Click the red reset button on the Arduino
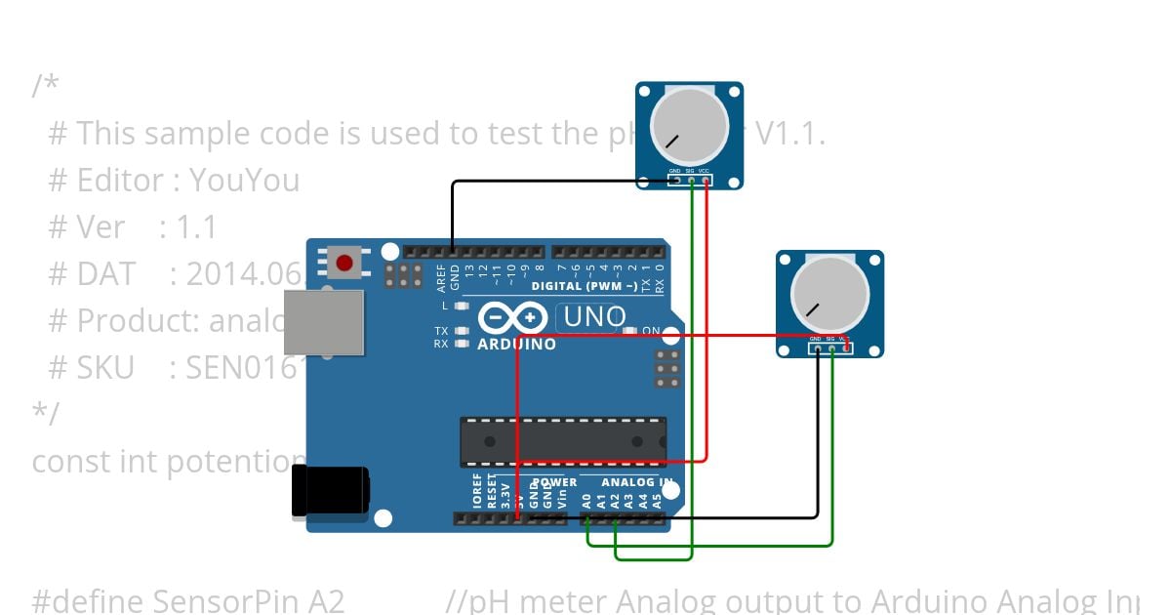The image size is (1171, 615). tap(343, 262)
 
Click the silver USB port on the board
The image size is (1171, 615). tap(324, 322)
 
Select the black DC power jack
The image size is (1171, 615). tap(330, 490)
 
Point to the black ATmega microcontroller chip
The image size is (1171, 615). tap(563, 441)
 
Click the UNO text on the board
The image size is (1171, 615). tap(592, 317)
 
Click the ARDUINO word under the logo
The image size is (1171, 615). tap(516, 344)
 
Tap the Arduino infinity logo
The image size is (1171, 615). tap(512, 318)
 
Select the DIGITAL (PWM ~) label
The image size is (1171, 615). tap(584, 286)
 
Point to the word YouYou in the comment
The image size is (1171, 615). tap(244, 181)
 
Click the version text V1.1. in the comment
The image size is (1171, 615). tap(790, 134)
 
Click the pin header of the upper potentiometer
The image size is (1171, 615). tap(689, 180)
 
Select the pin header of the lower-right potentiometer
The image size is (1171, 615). tap(829, 348)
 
